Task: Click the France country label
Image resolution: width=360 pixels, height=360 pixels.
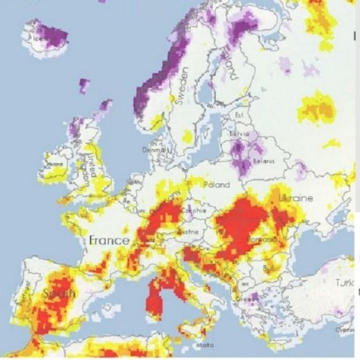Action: (109, 241)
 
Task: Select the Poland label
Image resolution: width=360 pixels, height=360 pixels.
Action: (217, 184)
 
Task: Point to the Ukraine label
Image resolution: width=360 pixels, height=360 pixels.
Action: (295, 199)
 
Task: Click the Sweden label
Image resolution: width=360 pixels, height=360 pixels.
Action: (181, 84)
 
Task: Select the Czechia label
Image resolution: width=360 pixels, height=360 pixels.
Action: (195, 210)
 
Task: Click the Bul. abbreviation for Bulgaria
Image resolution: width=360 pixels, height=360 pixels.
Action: (268, 269)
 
